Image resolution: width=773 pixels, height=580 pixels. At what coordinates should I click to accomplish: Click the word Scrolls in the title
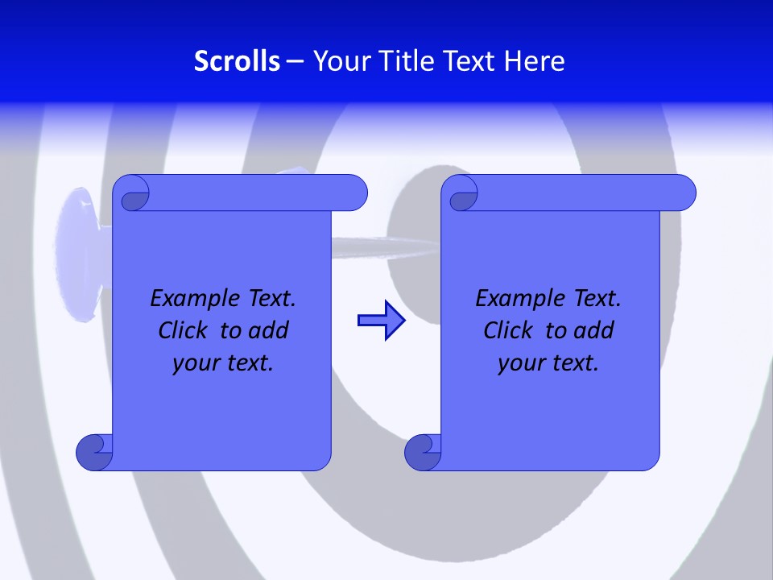[x=237, y=61]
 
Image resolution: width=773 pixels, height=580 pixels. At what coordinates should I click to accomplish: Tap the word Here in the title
[x=534, y=61]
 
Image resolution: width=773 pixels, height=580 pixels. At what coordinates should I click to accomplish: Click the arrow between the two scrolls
[x=381, y=321]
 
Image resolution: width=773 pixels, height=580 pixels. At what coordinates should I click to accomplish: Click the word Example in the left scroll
[x=191, y=299]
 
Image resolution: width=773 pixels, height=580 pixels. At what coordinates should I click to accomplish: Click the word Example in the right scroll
[x=516, y=299]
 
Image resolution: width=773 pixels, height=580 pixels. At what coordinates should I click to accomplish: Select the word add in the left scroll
[x=270, y=330]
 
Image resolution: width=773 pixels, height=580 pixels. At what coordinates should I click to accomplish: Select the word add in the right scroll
[x=595, y=330]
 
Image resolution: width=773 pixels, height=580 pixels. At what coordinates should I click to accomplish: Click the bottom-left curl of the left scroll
[x=93, y=452]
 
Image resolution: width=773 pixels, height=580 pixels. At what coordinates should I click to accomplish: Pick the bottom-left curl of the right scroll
[x=422, y=452]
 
